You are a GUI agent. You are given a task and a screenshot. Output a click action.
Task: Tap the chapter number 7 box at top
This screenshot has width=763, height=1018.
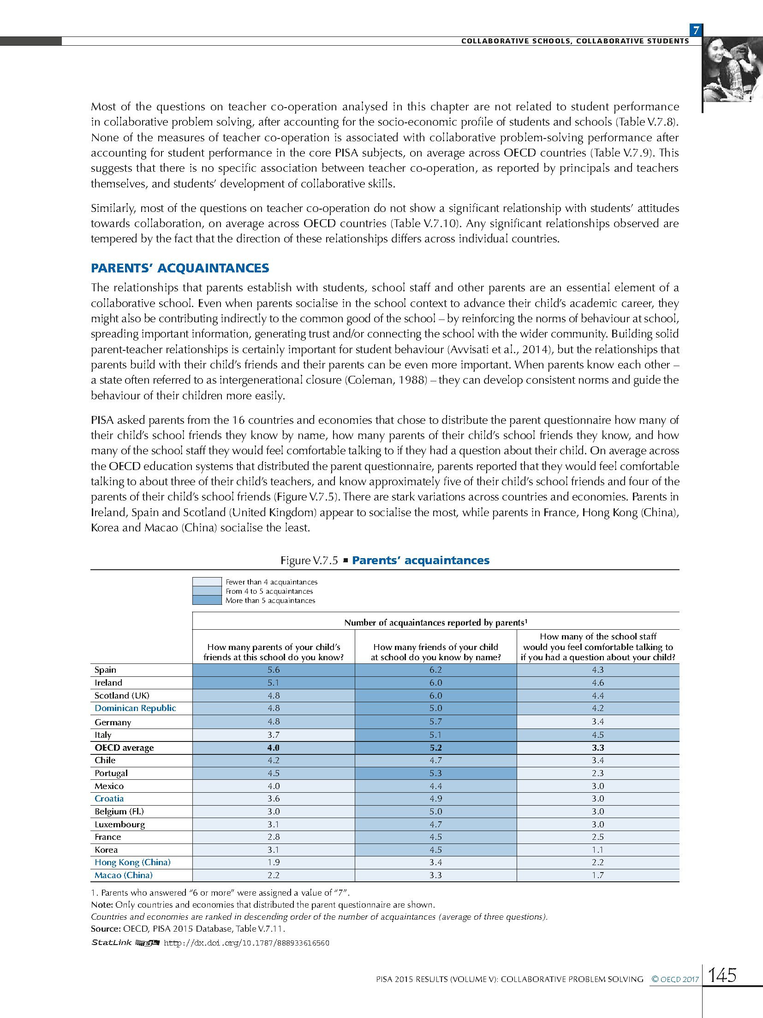click(696, 30)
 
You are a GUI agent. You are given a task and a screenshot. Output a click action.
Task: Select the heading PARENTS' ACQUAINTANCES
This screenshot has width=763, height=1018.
click(180, 268)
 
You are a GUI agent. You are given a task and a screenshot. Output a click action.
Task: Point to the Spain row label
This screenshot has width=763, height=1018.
click(105, 670)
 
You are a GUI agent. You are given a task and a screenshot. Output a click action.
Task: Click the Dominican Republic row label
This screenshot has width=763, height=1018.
click(135, 708)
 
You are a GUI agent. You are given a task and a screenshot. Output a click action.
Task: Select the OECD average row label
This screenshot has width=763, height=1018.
click(124, 747)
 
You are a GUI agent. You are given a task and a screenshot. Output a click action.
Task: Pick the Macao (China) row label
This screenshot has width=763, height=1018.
click(123, 875)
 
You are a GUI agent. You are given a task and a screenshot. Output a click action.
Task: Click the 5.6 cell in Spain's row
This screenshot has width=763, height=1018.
click(273, 670)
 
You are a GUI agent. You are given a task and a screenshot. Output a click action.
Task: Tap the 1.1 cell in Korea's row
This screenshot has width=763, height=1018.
click(598, 849)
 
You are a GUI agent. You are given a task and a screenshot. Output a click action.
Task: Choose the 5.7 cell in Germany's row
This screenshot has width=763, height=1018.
click(435, 722)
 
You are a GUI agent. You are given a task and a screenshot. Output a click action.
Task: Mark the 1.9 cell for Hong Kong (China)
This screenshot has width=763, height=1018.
click(273, 862)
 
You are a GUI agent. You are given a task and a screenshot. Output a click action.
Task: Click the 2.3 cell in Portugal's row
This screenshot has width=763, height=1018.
click(598, 773)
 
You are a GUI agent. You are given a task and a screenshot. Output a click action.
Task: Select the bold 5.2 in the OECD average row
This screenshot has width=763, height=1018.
click(435, 747)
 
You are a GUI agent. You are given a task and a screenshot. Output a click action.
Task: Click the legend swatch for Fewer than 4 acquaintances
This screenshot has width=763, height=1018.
click(207, 582)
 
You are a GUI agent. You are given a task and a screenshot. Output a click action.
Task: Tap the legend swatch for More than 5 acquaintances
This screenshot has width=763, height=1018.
click(207, 600)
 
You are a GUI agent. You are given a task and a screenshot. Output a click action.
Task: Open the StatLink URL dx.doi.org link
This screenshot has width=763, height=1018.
click(247, 943)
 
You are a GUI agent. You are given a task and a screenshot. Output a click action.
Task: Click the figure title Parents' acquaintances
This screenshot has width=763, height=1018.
click(420, 560)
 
